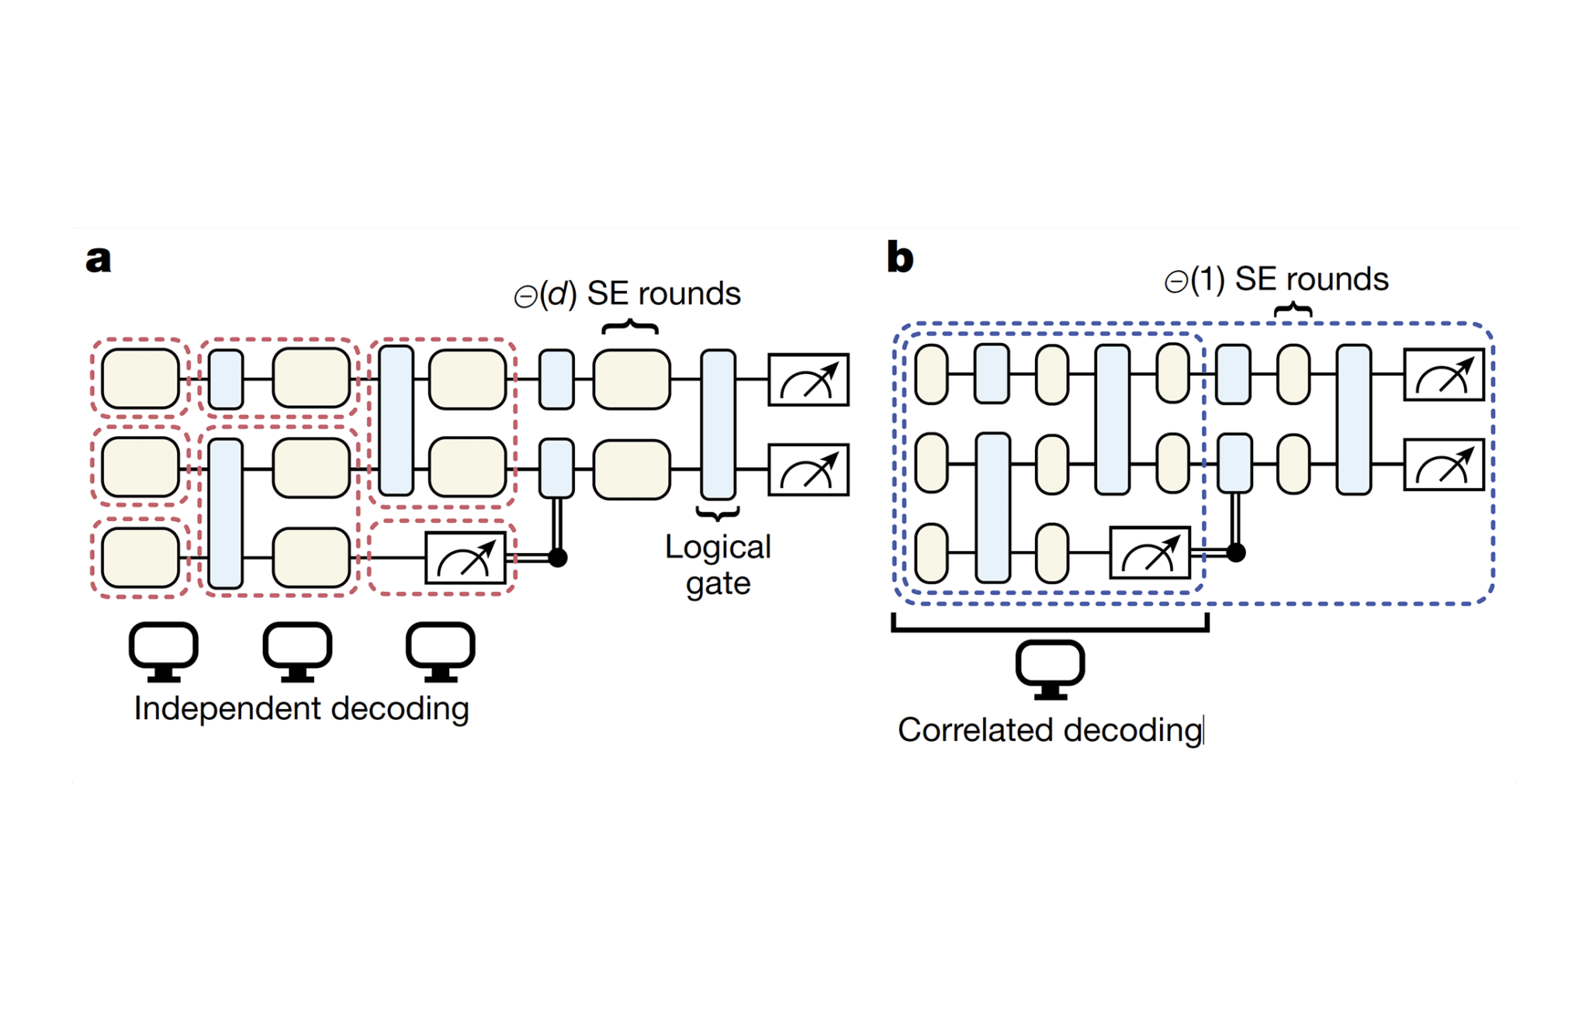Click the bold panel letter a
[x=98, y=260]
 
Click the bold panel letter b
[x=900, y=257]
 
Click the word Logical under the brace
[x=718, y=548]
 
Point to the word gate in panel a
[x=718, y=583]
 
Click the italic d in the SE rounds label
[x=558, y=294]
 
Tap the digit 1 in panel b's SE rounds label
[x=1207, y=279]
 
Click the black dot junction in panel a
[x=557, y=557]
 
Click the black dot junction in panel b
[x=1236, y=552]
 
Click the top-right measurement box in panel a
[x=808, y=379]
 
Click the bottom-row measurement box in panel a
[x=466, y=557]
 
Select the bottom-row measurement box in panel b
[x=1150, y=552]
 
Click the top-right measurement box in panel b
[x=1444, y=375]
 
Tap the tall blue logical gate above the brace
[x=718, y=424]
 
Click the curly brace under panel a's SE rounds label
[x=630, y=327]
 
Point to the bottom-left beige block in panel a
[x=140, y=557]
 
